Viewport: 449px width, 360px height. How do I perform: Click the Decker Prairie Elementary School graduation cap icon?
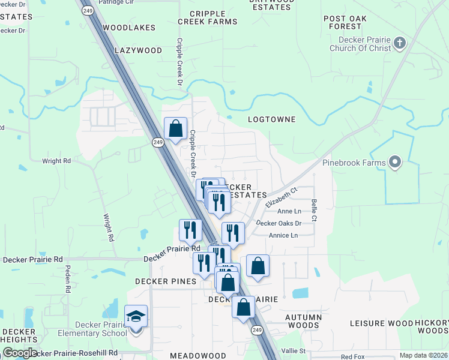[136, 316]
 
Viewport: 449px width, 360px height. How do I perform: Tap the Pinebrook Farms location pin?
[394, 161]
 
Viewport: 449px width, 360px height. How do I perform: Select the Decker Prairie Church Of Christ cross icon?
[400, 42]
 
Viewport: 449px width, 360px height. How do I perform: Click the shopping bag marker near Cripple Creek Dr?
[175, 128]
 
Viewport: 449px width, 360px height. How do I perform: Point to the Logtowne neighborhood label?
[272, 119]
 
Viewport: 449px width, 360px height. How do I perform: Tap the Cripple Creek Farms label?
[207, 17]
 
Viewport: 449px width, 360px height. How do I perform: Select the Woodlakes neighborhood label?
[129, 28]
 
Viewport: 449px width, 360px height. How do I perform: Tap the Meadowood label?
[197, 356]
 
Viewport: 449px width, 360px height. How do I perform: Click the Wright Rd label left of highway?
[56, 161]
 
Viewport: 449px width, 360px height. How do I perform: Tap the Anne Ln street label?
[289, 211]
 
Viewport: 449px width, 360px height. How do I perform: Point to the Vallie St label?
[294, 350]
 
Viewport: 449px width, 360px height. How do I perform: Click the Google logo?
[20, 353]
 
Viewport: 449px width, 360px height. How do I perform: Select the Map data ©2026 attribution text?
[424, 355]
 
